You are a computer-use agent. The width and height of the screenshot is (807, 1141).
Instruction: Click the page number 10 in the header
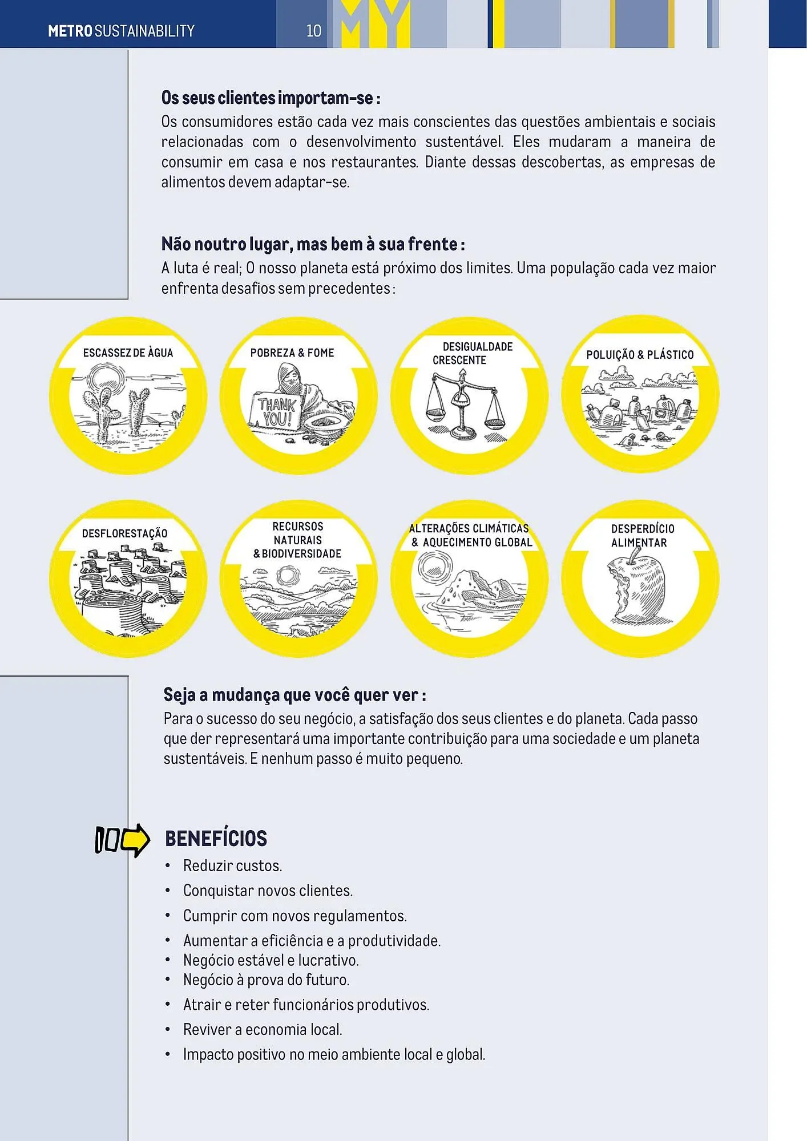(314, 31)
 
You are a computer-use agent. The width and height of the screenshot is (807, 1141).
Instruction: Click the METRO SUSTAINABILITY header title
(121, 31)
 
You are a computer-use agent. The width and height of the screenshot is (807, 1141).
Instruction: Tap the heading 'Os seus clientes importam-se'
(271, 98)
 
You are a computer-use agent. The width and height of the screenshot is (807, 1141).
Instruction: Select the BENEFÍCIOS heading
(216, 839)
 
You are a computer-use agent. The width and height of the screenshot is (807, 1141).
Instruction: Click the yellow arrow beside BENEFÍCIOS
(135, 840)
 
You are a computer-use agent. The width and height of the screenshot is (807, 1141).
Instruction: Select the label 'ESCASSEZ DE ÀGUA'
(128, 353)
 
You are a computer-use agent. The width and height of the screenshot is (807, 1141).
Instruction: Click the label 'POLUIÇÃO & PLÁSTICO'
(640, 355)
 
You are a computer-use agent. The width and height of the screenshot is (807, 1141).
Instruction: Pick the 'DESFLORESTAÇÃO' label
(124, 533)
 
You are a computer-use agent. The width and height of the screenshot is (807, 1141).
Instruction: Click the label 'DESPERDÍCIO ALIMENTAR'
(641, 536)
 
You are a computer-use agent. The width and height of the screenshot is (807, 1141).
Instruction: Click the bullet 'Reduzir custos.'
(232, 866)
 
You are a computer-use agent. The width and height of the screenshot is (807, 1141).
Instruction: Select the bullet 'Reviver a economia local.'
(263, 1030)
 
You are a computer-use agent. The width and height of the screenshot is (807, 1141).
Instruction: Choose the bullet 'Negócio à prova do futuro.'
(266, 980)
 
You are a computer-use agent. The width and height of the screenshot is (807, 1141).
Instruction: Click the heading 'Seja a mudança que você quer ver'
(294, 695)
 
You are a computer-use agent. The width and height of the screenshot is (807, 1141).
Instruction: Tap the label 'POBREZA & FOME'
(292, 353)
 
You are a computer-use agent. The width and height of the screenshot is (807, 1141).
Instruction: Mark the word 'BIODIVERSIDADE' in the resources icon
(301, 554)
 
